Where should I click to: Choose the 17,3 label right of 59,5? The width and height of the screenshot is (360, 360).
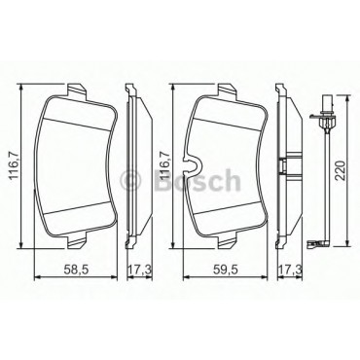pos(290,269)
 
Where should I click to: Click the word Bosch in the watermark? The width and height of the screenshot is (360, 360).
pos(198,179)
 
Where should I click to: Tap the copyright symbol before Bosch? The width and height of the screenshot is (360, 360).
pos(130,180)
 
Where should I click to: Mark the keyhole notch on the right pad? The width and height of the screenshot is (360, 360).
pos(192,164)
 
